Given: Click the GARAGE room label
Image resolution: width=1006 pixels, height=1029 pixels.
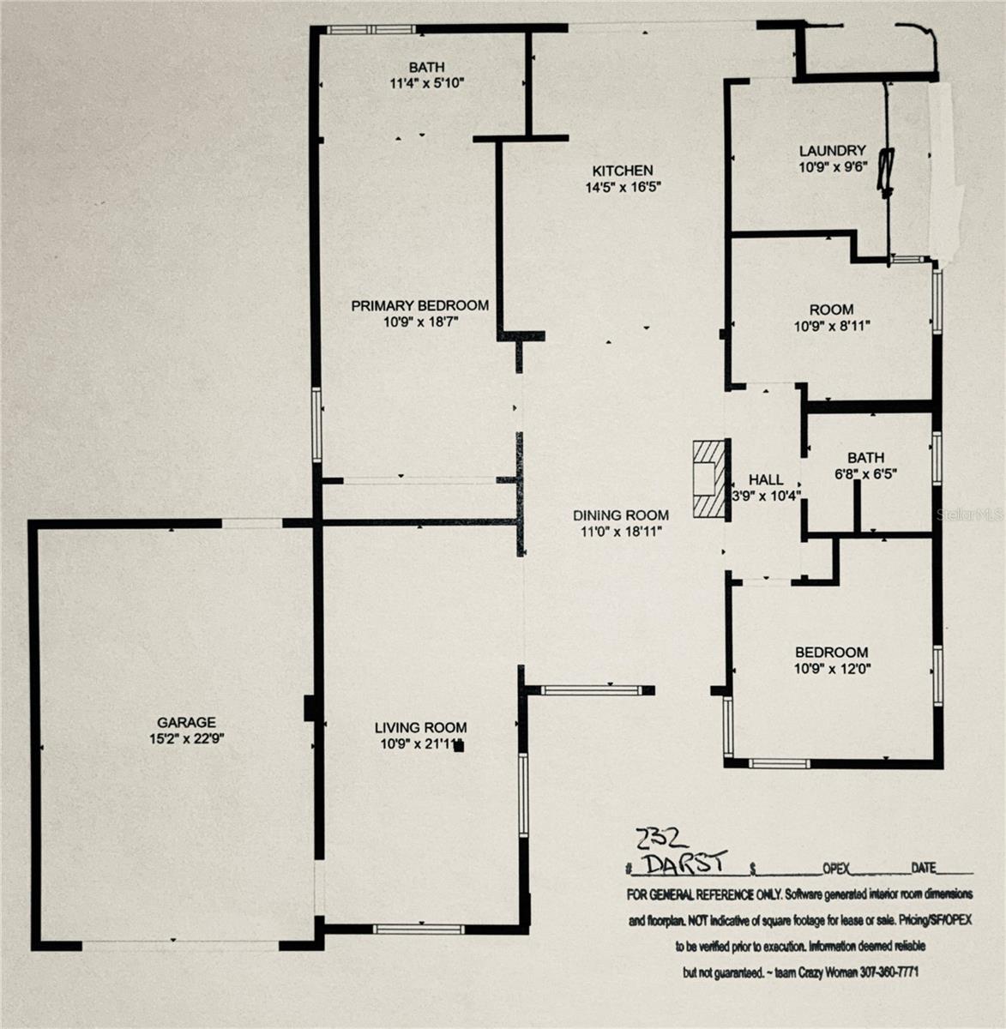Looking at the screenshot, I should point(186,723).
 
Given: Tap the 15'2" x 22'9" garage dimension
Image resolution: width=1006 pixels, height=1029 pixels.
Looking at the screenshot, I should point(186,738).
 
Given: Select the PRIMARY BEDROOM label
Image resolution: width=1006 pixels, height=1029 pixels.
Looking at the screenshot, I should point(419,305).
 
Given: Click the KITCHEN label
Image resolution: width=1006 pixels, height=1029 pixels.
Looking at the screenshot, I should point(623,171).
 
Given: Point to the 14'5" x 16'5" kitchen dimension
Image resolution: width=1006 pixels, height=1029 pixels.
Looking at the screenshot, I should point(623,186).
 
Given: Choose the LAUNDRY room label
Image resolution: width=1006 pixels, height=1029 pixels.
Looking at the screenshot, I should point(832,151).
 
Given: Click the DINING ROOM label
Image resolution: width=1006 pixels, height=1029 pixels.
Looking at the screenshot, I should point(621,515).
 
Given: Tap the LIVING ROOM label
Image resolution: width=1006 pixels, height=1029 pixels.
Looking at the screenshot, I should point(420,728).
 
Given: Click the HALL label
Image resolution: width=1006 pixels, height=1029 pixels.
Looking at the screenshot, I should point(765,480).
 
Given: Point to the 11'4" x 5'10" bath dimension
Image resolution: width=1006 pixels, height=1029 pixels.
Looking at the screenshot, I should point(426,83).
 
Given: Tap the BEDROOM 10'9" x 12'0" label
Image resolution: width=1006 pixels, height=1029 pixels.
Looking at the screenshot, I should point(831,660).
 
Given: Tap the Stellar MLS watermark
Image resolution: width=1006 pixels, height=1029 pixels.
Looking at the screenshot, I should point(971,515).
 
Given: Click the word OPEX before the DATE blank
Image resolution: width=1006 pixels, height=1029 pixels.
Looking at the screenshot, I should point(836,869).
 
